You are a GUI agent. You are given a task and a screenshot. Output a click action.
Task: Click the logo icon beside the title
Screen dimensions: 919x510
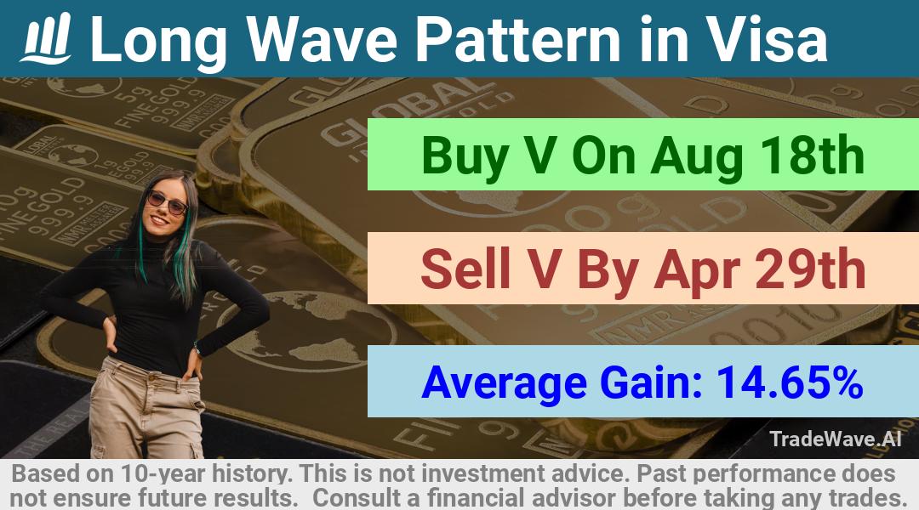click(46, 38)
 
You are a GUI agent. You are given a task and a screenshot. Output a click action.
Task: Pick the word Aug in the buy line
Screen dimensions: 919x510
click(697, 157)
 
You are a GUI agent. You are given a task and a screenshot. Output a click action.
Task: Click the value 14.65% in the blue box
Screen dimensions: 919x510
click(790, 382)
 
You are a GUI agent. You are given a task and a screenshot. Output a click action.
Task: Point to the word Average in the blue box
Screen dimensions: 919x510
click(504, 383)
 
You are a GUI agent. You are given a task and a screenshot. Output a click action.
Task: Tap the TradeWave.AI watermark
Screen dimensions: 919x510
click(836, 439)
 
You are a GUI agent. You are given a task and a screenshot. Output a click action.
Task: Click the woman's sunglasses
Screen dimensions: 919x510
click(167, 202)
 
